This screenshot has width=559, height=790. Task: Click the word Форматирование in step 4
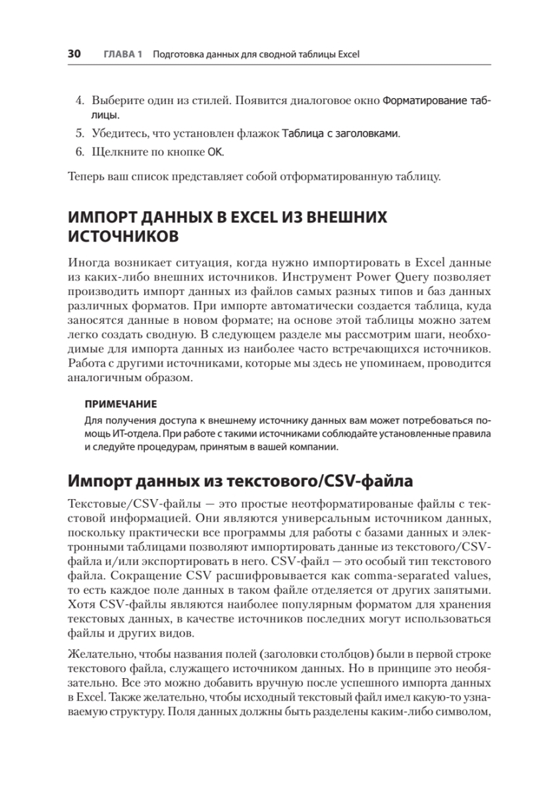tap(422, 101)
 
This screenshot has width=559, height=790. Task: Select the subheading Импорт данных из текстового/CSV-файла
tap(240, 481)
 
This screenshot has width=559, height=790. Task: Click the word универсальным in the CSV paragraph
tap(286, 519)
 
